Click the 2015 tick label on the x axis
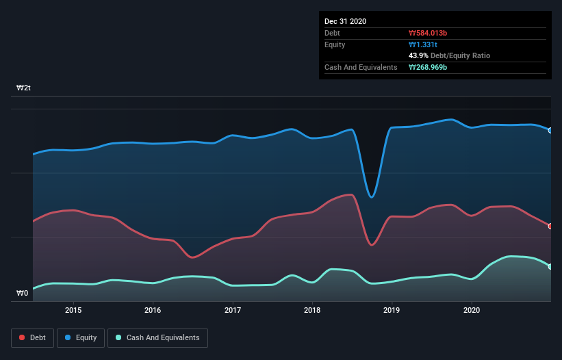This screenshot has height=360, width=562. [73, 310]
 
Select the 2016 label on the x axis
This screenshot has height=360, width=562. [153, 310]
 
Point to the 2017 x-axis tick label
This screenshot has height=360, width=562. [233, 310]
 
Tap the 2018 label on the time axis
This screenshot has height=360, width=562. [312, 310]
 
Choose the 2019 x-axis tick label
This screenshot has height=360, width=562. [392, 310]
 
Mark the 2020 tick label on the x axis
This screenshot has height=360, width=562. [472, 310]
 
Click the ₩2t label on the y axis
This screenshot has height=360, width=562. [24, 88]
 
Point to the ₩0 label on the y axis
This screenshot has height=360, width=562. [23, 294]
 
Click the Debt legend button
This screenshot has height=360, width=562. [33, 337]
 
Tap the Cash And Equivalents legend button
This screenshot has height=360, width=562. [157, 337]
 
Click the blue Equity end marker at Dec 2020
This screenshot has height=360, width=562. [550, 130]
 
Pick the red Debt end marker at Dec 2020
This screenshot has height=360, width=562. [550, 226]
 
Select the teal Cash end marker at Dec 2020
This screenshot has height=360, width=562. [550, 267]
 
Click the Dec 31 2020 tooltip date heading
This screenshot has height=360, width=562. [346, 21]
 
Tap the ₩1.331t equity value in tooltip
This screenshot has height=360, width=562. [423, 44]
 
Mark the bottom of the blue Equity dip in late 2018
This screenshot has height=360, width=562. [372, 197]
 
